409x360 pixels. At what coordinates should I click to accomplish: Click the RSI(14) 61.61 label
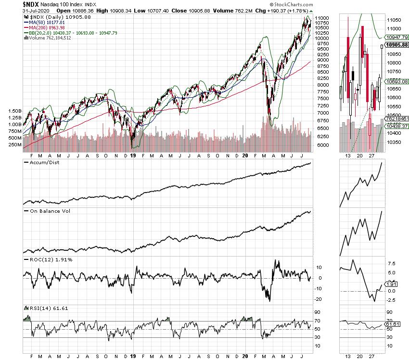pyautogui.click(x=47, y=307)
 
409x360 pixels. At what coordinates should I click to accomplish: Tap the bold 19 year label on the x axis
pyautogui.click(x=133, y=155)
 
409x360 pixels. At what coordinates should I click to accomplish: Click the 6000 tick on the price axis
pyautogui.click(x=323, y=145)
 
